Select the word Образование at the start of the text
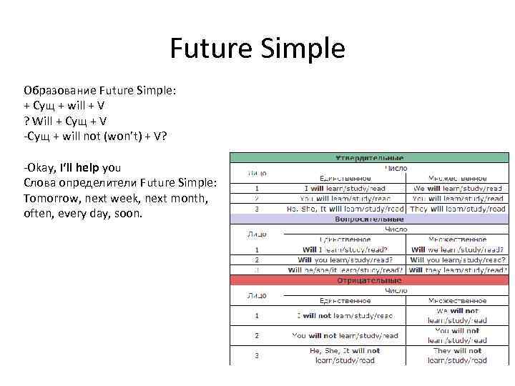pos(59,91)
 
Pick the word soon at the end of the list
pos(127,213)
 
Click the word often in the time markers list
pos(39,213)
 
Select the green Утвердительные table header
pos(369,158)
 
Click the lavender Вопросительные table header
pos(369,219)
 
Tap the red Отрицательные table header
pos(369,280)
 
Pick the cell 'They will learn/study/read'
pos(458,209)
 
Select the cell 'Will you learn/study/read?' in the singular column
pos(344,260)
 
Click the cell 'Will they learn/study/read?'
pos(458,270)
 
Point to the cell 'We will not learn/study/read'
pos(458,315)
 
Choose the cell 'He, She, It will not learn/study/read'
pos(345,355)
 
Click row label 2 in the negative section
pos(257,335)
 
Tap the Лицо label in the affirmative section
pos(257,173)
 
